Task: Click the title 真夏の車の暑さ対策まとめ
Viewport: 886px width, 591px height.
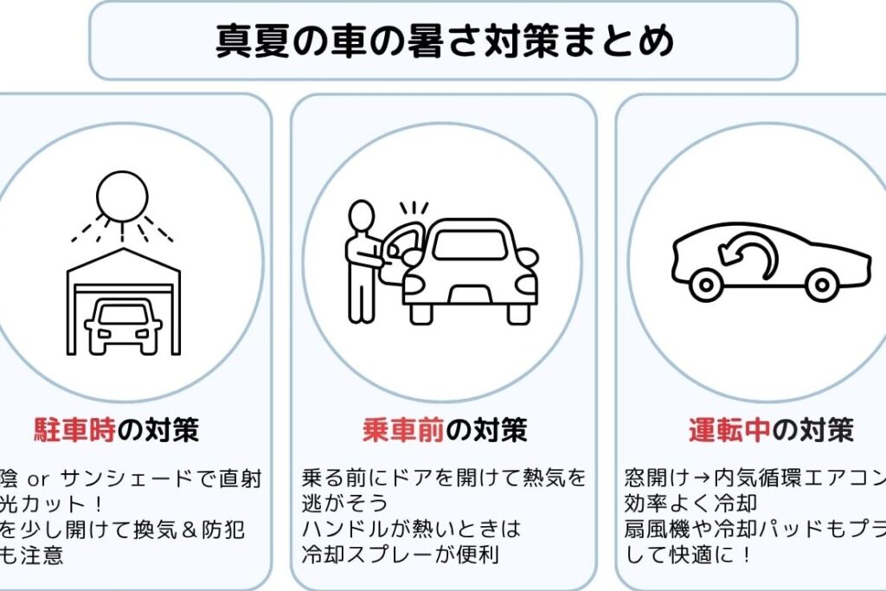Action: [444, 41]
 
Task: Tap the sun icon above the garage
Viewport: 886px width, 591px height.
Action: [122, 196]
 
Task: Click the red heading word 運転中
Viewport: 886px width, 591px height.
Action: [729, 429]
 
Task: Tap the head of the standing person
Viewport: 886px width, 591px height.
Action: [362, 215]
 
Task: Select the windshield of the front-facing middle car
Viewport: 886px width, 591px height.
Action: [470, 245]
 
